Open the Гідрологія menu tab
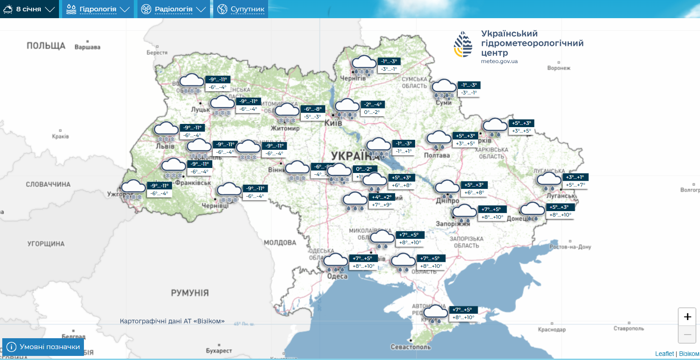[98, 9]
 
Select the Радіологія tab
[173, 9]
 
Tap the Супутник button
[241, 9]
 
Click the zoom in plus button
[687, 316]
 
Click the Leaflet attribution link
[664, 354]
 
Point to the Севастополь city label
[411, 347]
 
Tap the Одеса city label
[337, 276]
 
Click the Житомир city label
[285, 128]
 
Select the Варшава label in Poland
[87, 47]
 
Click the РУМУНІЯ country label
[190, 293]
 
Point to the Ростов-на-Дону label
[570, 247]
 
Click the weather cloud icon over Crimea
[436, 313]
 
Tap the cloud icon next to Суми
[444, 88]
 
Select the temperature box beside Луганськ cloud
[575, 181]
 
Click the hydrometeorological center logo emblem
[463, 44]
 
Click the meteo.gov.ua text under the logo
[499, 61]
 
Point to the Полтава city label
[437, 155]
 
